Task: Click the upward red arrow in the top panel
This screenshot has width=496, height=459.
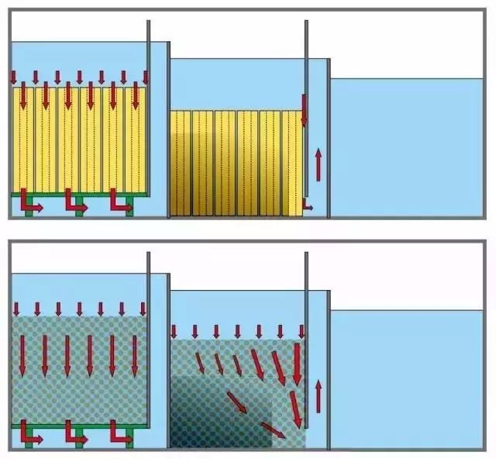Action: point(318,163)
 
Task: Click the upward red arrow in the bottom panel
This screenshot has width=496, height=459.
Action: point(318,395)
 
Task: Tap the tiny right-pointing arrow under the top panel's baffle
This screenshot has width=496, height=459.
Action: point(308,207)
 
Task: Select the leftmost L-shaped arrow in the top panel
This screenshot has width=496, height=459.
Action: point(29,201)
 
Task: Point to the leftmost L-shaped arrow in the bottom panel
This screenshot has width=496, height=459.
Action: point(29,433)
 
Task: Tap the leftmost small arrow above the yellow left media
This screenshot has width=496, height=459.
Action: point(13,78)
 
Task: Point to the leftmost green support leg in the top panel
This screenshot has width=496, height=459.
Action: point(29,211)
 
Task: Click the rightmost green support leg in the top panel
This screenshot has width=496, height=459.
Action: point(129,211)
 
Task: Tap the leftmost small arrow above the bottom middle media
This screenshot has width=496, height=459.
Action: point(174,330)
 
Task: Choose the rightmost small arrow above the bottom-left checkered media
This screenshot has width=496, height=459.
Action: point(143,309)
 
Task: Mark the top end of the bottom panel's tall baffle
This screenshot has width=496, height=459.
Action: point(307,255)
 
